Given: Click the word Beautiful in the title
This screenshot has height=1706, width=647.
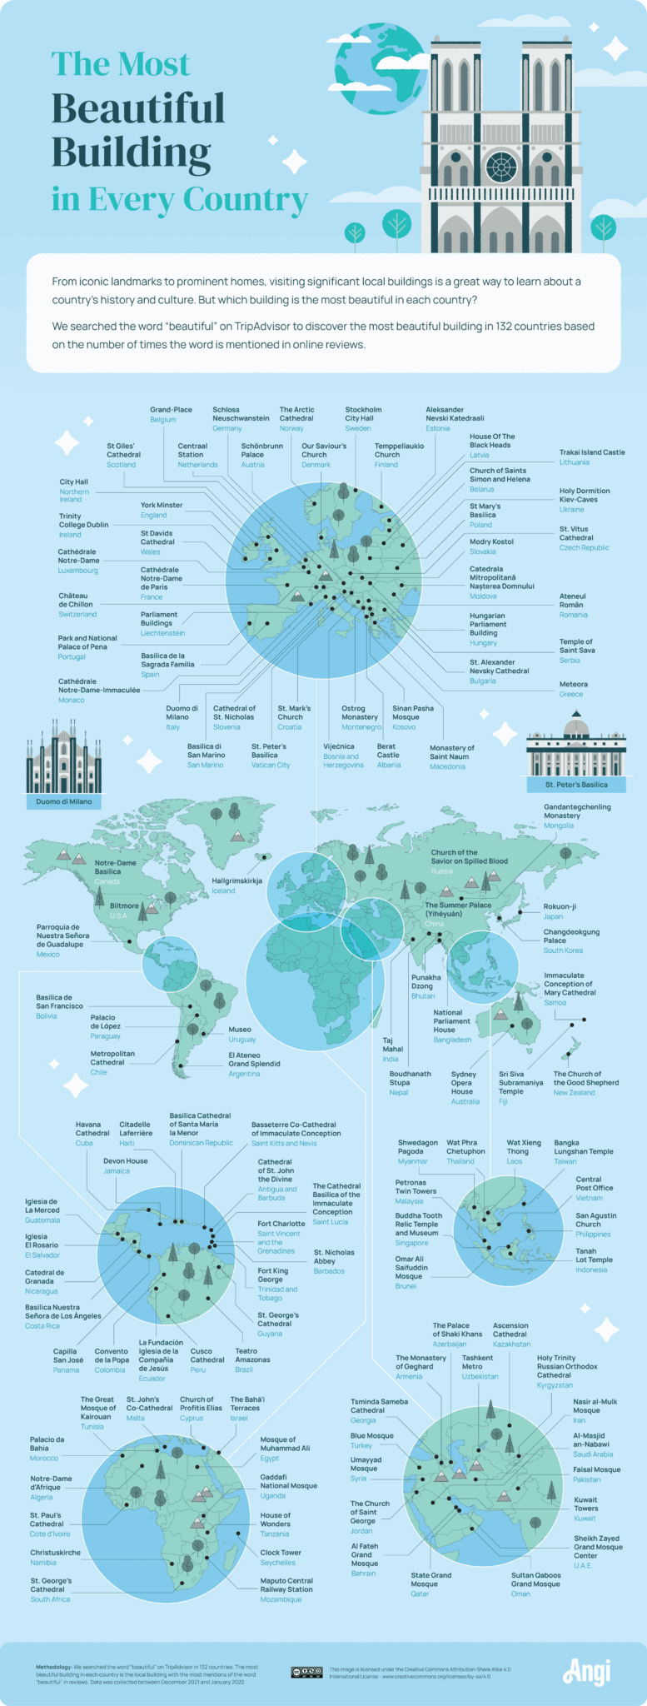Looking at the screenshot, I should click(x=138, y=109).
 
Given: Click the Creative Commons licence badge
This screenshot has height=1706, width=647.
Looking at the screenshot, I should click(x=306, y=1672).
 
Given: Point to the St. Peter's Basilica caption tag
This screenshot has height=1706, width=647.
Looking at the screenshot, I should click(x=576, y=785).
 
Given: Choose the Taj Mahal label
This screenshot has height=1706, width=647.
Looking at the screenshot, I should click(x=392, y=1045).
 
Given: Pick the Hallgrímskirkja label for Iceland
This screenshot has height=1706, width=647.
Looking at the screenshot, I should click(x=237, y=880).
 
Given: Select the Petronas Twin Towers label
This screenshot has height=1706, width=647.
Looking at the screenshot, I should click(x=416, y=1186).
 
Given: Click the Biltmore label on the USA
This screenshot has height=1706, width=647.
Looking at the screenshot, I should click(x=125, y=905).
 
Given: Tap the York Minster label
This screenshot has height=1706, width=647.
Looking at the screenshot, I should click(x=161, y=506).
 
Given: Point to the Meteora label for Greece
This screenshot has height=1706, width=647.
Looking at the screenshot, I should click(x=573, y=684).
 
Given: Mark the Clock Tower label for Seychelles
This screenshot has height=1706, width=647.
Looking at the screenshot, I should click(x=280, y=1553).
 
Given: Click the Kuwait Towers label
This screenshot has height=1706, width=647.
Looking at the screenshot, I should click(x=585, y=1504).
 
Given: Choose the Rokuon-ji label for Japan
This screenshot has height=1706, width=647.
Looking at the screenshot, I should click(x=560, y=906).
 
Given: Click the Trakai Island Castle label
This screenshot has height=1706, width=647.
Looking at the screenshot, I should click(x=591, y=452).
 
